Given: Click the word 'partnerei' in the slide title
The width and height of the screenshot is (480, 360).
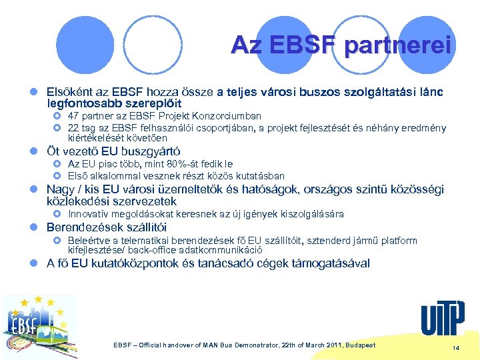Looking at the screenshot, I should (x=398, y=45).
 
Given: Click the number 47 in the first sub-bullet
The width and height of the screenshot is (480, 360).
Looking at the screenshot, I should (x=74, y=116).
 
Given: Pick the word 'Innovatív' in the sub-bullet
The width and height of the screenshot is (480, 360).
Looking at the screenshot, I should (x=91, y=214).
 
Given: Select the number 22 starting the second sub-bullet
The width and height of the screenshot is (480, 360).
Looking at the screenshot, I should (x=74, y=127).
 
